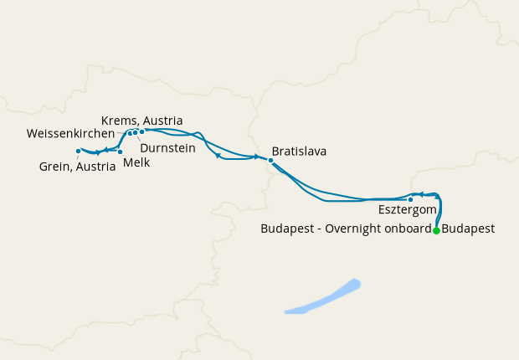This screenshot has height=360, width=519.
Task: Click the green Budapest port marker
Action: (436, 231)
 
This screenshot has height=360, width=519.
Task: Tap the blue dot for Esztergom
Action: (410, 199)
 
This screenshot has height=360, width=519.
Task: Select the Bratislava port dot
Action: (270, 160)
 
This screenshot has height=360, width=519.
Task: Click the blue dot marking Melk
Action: (120, 152)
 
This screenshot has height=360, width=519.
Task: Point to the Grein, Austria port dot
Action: (78, 152)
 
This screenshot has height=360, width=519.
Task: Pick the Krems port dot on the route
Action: (142, 131)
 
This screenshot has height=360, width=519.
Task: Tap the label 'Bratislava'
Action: (299, 152)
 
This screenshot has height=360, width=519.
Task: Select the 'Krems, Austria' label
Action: (141, 120)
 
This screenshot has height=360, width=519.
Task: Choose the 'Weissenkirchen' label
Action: (70, 134)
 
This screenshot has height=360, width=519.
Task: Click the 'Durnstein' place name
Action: (167, 147)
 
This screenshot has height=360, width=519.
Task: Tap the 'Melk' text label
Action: (136, 163)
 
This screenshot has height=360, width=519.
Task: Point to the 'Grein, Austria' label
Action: (77, 166)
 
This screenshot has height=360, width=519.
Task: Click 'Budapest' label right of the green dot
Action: (468, 228)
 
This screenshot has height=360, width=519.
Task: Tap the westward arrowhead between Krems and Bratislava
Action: (218, 155)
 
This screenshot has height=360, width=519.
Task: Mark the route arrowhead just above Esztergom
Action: (422, 193)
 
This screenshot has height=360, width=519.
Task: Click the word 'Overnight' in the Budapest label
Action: (352, 228)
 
